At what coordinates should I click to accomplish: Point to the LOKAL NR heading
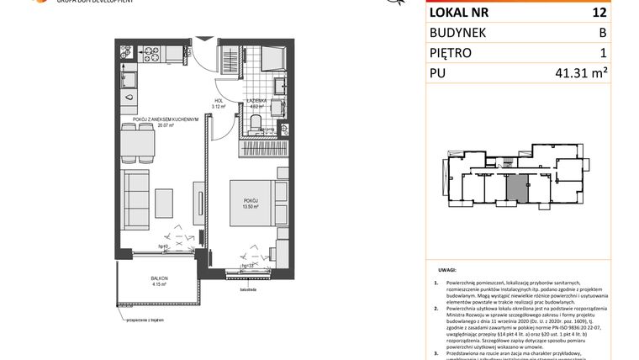461,13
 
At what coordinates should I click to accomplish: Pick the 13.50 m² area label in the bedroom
246,206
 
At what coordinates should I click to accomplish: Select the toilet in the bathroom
256,124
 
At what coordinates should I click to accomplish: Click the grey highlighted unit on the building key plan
521,187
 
